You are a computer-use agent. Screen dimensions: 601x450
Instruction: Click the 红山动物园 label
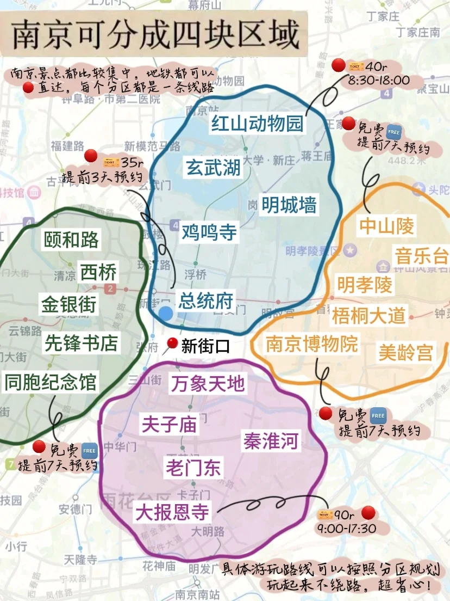pyautogui.click(x=257, y=124)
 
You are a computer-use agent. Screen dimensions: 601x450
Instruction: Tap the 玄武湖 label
pyautogui.click(x=213, y=167)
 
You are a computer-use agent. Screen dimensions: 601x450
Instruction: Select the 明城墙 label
pyautogui.click(x=289, y=205)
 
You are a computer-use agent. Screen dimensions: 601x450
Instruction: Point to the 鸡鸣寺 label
pyautogui.click(x=209, y=232)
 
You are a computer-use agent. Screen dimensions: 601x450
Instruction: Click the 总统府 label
pyautogui.click(x=206, y=300)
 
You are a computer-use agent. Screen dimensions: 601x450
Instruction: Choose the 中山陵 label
pyautogui.click(x=386, y=226)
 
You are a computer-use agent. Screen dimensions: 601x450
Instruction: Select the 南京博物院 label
pyautogui.click(x=312, y=344)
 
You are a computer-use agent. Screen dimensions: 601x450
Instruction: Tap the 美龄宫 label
pyautogui.click(x=405, y=353)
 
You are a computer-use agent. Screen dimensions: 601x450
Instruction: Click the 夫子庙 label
pyautogui.click(x=168, y=424)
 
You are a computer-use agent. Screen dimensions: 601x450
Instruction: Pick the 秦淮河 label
pyautogui.click(x=271, y=441)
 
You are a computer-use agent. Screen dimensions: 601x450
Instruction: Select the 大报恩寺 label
pyautogui.click(x=172, y=512)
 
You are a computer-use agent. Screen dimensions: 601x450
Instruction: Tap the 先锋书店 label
pyautogui.click(x=81, y=343)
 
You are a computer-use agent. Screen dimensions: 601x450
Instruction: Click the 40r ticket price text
pyautogui.click(x=377, y=67)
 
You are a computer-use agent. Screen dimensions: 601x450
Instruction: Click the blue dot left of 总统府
pyautogui.click(x=166, y=314)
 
